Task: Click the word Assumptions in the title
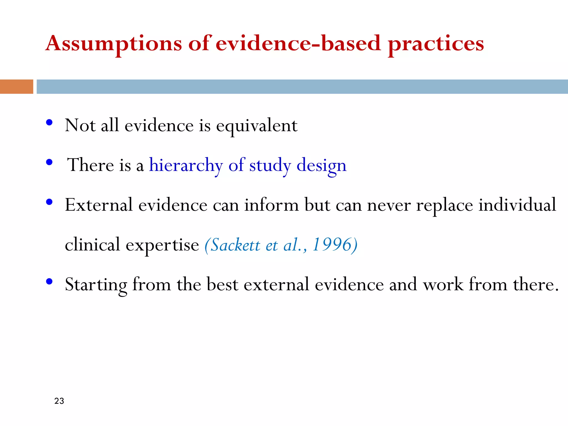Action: pos(114,44)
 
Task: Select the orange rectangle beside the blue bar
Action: pos(16,87)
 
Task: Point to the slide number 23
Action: pos(59,401)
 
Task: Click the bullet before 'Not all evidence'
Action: pos(49,123)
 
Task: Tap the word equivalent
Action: pos(257,126)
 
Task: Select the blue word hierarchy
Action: pos(186,165)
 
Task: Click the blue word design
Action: pos(321,165)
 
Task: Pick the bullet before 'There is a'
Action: pos(49,162)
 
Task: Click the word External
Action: pos(99,205)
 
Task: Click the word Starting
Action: pos(96,285)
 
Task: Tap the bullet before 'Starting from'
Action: pos(49,282)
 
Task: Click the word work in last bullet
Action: pos(443,285)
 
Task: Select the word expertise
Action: pos(162,245)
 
